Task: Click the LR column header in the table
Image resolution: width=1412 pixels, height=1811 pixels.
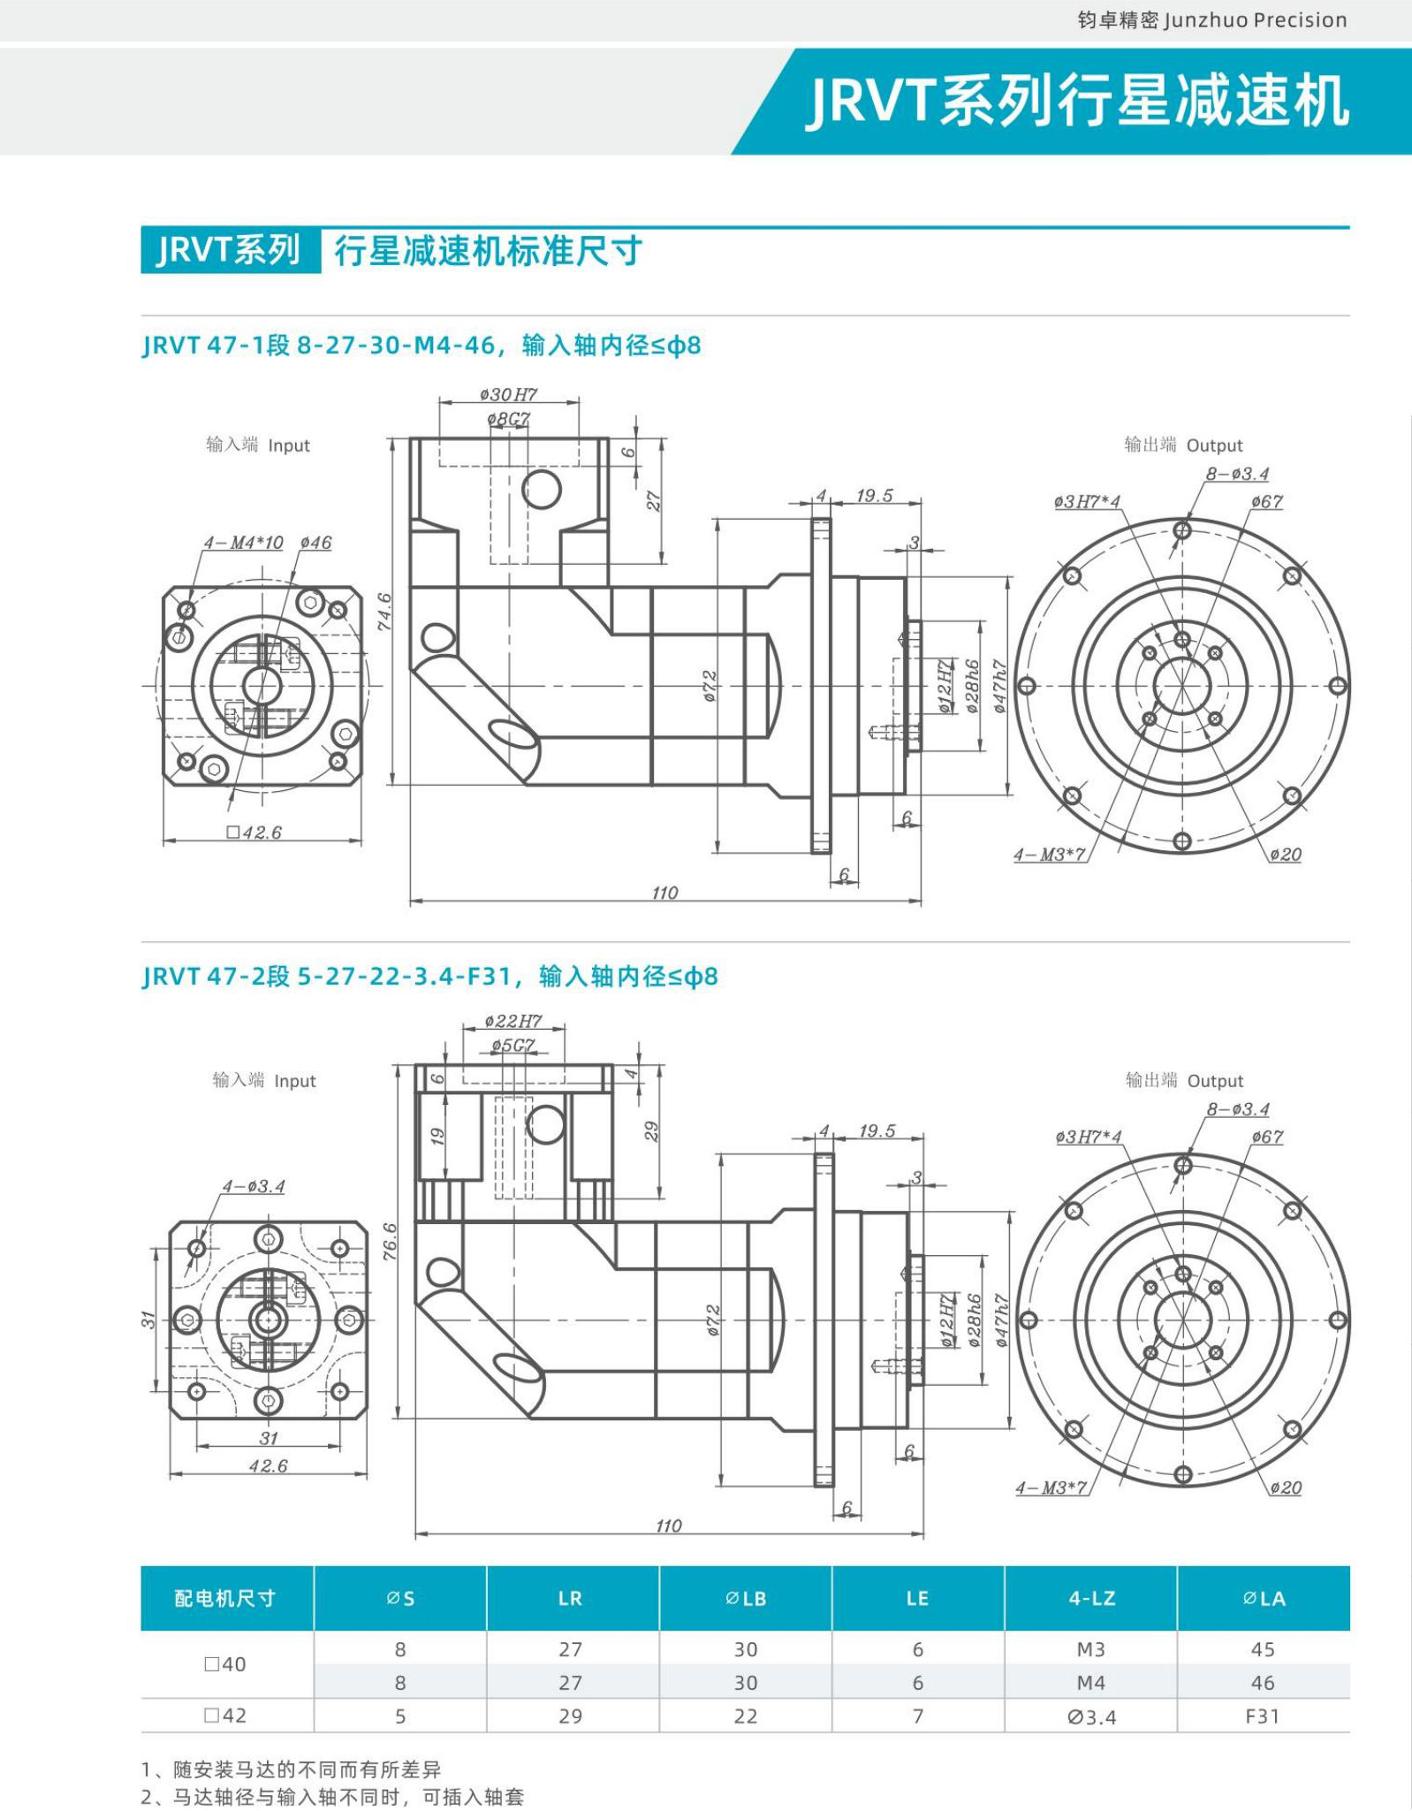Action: click(570, 1598)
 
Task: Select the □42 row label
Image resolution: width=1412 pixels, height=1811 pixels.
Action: click(225, 1716)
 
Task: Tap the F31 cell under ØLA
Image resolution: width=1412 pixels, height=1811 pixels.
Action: click(1262, 1716)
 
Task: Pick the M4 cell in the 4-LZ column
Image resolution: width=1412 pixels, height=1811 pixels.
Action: click(1090, 1682)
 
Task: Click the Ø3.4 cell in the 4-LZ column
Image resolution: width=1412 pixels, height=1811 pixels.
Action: click(1090, 1716)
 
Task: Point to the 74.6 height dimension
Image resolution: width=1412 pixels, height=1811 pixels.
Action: click(385, 612)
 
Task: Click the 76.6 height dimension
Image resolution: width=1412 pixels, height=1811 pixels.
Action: click(391, 1241)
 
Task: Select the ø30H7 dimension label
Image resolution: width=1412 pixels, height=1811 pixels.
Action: click(508, 394)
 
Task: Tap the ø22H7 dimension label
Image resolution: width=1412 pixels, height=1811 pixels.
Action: click(512, 1022)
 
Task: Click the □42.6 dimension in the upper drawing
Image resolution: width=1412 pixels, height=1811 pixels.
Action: click(254, 832)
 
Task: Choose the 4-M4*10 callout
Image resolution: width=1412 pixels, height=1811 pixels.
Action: click(243, 543)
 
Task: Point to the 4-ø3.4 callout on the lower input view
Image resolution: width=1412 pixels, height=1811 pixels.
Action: click(253, 1186)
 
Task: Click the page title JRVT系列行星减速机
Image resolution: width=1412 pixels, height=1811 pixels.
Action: click(1077, 101)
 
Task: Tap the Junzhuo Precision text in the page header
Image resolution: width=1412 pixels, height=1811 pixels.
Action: click(1255, 20)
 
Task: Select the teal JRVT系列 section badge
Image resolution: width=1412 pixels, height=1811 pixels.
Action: click(230, 251)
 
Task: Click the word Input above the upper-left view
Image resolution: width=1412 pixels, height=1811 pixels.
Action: click(289, 445)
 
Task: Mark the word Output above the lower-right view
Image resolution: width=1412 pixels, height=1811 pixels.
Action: click(1215, 1081)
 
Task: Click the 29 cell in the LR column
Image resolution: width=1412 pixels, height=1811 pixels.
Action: click(570, 1716)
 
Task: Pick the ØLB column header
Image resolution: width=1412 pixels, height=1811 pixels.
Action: click(745, 1598)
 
